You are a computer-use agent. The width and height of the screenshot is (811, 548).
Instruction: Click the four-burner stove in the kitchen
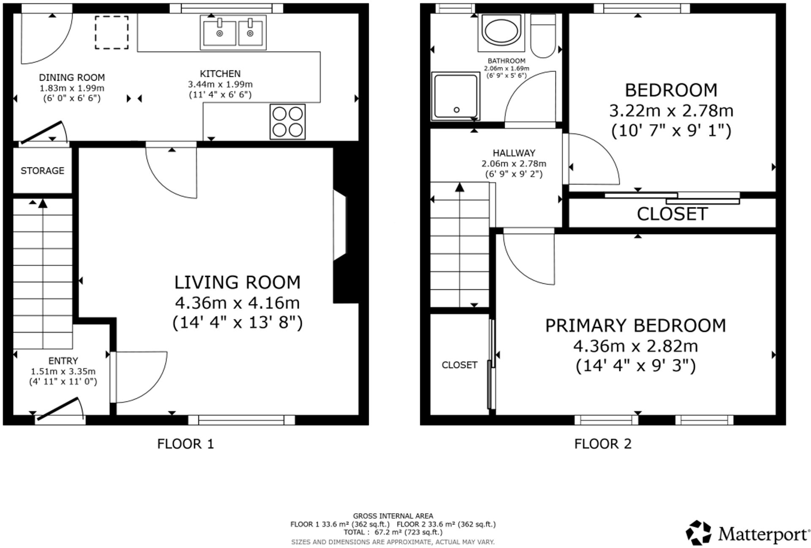coord(288,121)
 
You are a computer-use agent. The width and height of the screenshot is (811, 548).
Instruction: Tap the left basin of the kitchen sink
coord(219,33)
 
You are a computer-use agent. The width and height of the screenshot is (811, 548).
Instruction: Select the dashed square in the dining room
coord(112,33)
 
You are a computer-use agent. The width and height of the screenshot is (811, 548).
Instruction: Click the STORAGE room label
coord(43,171)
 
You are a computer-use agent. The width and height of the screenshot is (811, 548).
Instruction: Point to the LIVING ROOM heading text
coord(237,282)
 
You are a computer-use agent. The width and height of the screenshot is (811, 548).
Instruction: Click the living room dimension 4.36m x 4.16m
coord(237,303)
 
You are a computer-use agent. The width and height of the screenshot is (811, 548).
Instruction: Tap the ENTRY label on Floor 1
coord(63,361)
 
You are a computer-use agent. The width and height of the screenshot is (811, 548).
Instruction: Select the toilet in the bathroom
coord(543,36)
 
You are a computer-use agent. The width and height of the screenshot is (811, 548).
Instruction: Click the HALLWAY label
coord(514,153)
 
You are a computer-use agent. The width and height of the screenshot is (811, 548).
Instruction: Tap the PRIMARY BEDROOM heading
coord(635,326)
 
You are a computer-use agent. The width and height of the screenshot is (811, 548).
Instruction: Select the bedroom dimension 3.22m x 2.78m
coord(671,111)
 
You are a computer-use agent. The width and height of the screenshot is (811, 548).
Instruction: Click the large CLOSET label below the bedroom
coord(672,214)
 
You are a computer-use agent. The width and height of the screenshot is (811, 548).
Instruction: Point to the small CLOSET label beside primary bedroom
coord(460,365)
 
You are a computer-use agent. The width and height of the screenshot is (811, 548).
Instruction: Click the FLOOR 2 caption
coord(603,444)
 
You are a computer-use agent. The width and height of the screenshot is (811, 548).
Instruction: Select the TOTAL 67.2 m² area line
coord(393,532)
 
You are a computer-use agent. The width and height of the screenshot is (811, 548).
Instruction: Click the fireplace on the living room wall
coord(340,225)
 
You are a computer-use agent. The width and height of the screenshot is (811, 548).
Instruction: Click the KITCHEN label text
coord(220,74)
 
